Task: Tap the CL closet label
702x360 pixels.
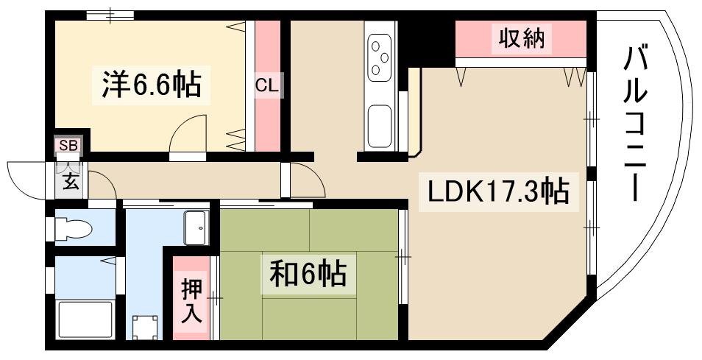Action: [x=267, y=85]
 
